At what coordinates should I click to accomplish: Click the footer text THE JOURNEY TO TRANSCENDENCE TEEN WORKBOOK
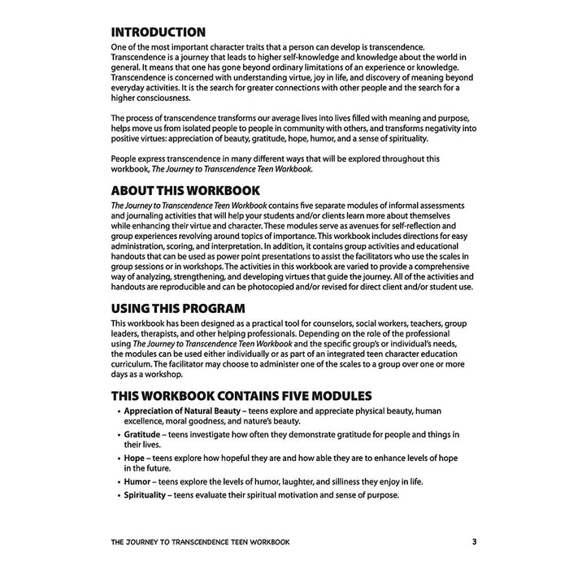click(x=200, y=541)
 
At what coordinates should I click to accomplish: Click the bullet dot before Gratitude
click(x=117, y=435)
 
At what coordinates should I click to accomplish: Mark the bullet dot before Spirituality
click(x=117, y=496)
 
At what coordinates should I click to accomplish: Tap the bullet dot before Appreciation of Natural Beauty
click(x=117, y=411)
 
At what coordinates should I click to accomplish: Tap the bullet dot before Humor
click(x=117, y=481)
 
